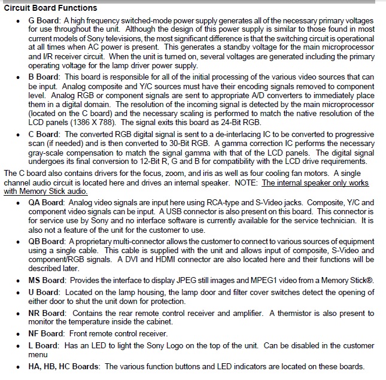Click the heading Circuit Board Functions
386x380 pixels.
(x=50, y=8)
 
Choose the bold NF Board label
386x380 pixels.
(x=49, y=333)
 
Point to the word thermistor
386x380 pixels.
(x=304, y=313)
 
